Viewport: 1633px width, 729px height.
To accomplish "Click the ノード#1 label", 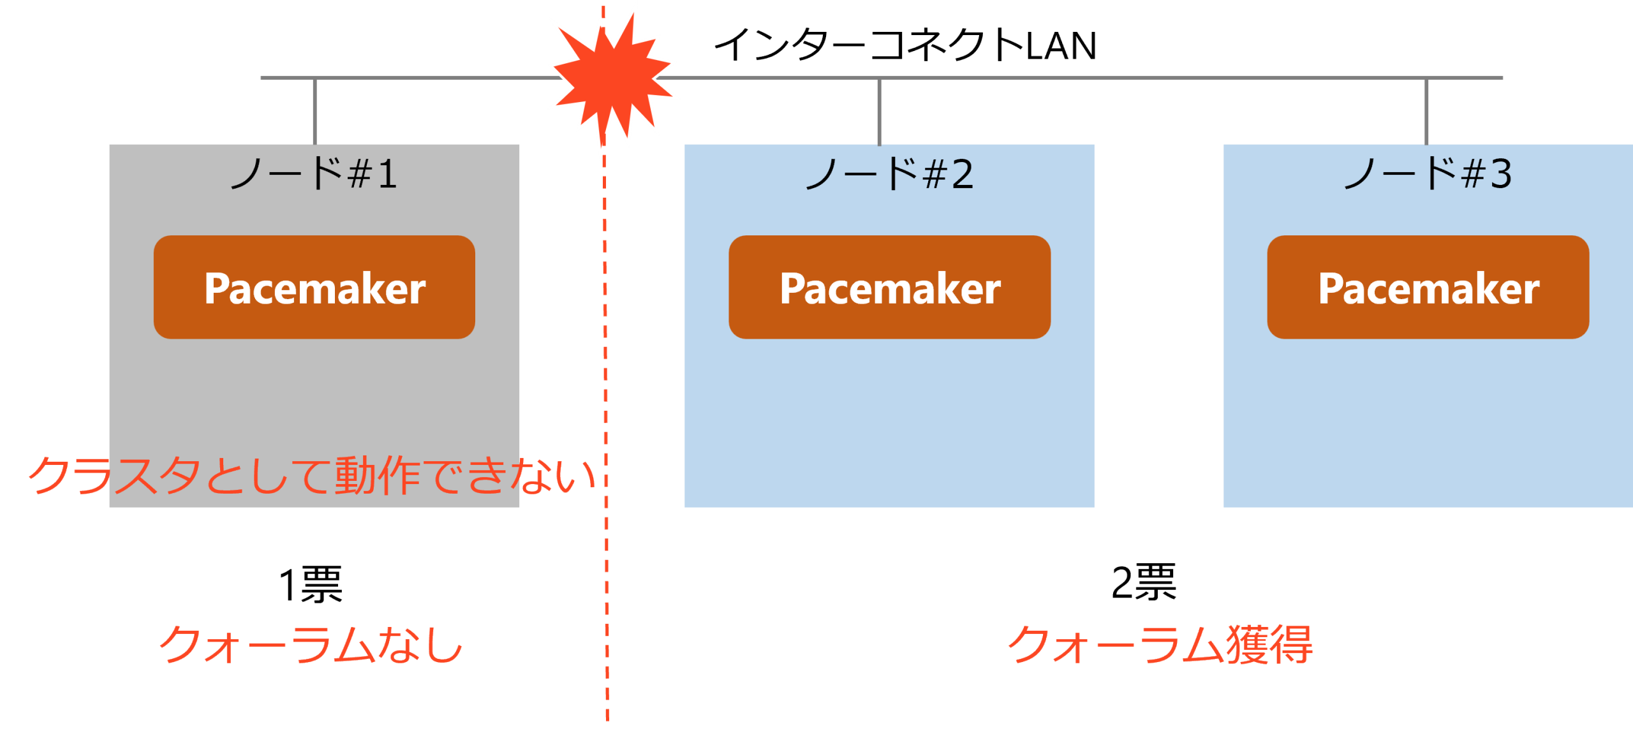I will [314, 173].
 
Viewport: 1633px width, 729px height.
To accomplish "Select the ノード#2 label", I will [889, 173].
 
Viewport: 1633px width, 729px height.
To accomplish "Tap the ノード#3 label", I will [1428, 173].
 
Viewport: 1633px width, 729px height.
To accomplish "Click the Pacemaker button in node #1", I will [314, 287].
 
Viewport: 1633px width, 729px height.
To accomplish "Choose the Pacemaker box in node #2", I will [889, 287].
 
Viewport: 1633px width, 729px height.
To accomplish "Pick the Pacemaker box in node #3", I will [1428, 287].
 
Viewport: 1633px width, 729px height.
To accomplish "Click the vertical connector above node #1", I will [314, 112].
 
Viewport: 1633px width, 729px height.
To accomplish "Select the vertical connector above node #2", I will [879, 112].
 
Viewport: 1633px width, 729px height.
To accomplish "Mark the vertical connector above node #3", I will [1426, 112].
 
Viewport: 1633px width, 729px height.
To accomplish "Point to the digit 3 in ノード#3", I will [1501, 174].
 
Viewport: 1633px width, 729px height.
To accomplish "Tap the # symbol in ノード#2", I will [935, 175].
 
